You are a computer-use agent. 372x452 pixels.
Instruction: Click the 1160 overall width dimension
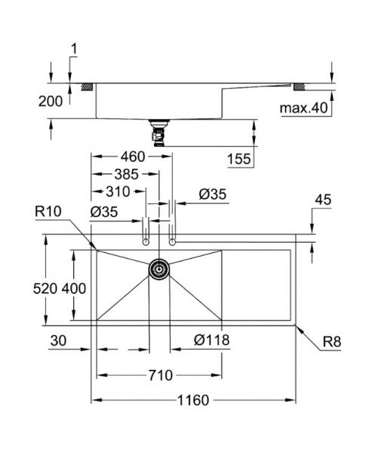pyautogui.click(x=193, y=401)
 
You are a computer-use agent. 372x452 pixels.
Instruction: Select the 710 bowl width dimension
pyautogui.click(x=161, y=375)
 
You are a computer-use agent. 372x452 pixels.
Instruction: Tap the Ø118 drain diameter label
pyautogui.click(x=212, y=340)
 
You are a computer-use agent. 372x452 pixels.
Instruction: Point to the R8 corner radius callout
pyautogui.click(x=332, y=341)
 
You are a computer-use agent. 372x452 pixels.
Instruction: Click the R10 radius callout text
pyautogui.click(x=48, y=212)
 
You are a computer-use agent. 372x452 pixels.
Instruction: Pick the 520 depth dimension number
pyautogui.click(x=45, y=289)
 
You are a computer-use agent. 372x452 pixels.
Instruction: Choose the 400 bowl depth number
pyautogui.click(x=74, y=289)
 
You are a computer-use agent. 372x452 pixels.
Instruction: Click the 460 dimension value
pyautogui.click(x=133, y=157)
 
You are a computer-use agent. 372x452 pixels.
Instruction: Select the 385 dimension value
pyautogui.click(x=127, y=175)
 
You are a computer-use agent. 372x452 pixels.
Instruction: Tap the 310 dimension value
pyautogui.click(x=118, y=191)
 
